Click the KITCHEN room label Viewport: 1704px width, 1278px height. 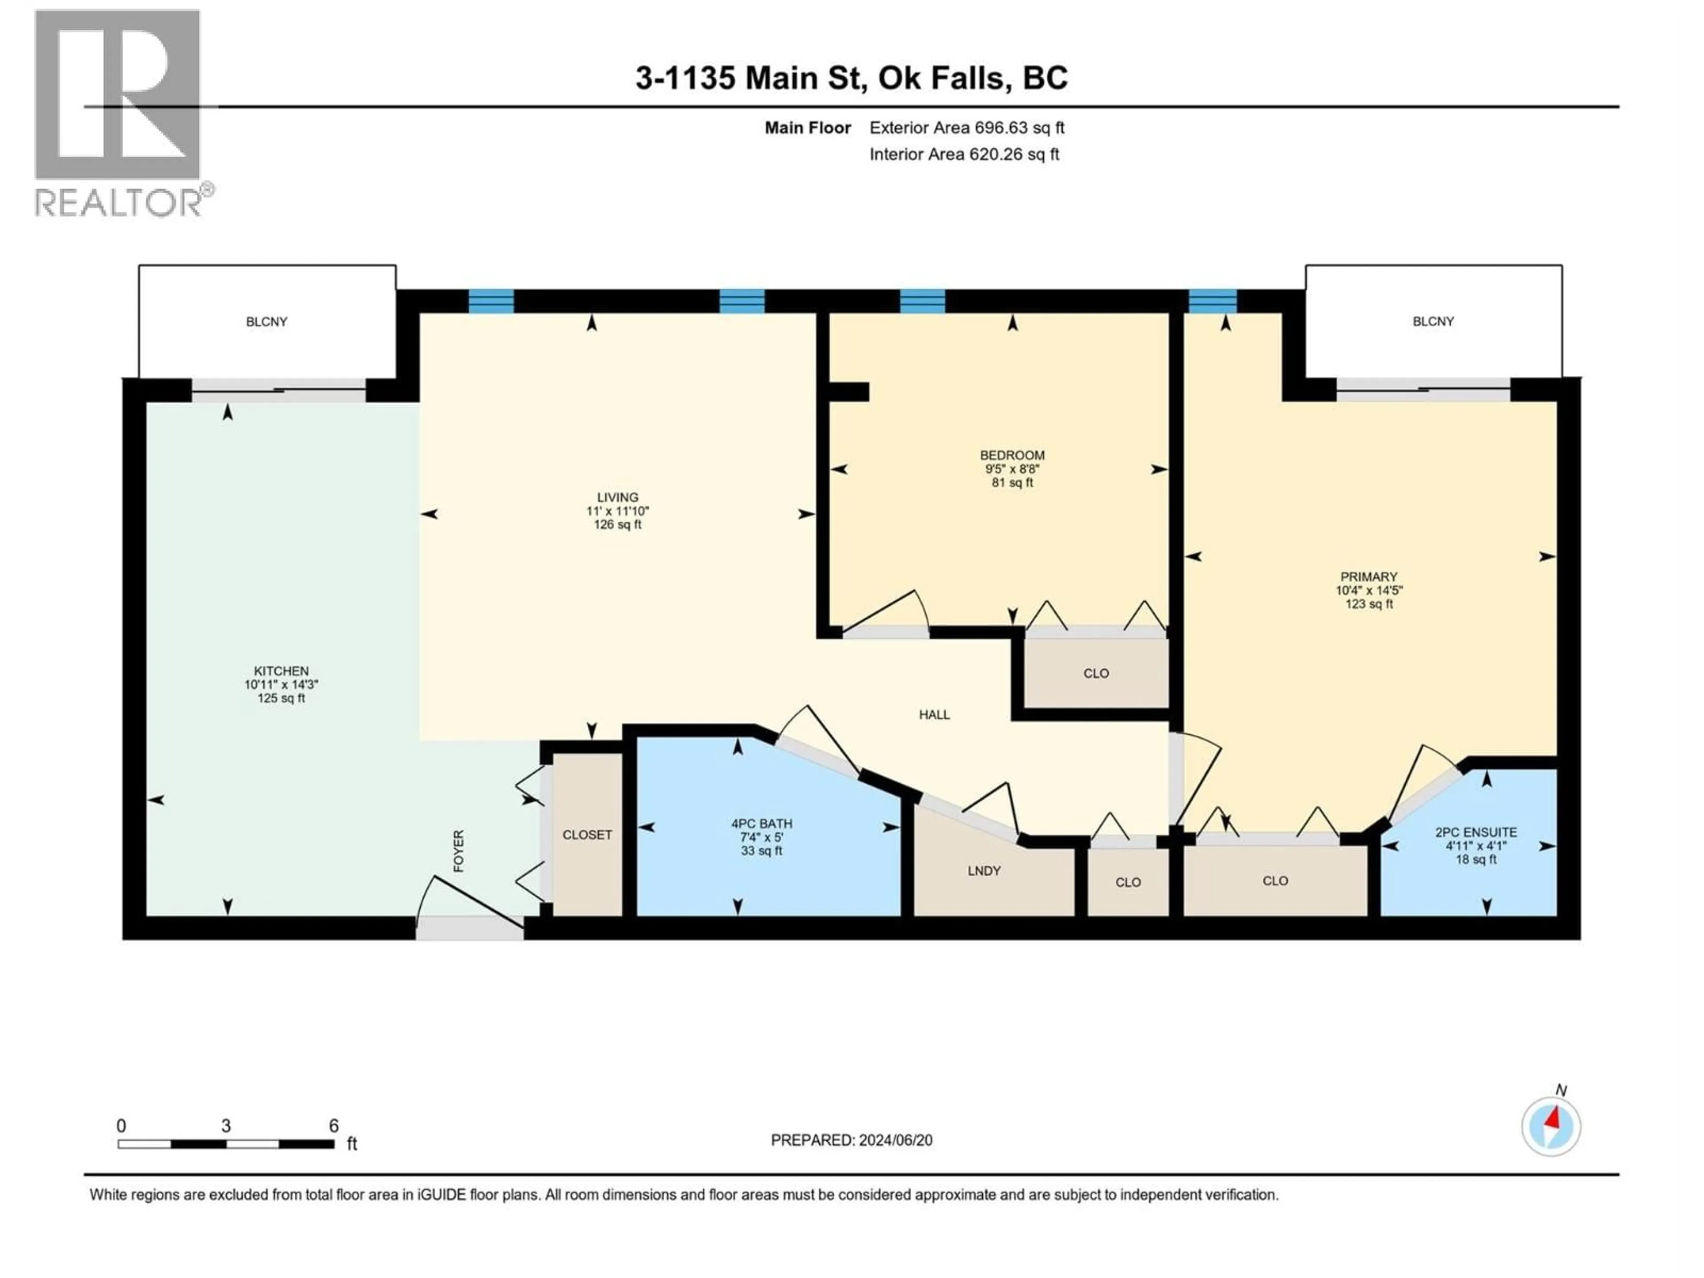coord(281,671)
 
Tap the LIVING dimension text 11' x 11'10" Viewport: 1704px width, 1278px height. coord(617,511)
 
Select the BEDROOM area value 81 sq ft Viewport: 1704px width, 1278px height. coord(1012,483)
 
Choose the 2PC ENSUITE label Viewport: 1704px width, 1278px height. coord(1475,832)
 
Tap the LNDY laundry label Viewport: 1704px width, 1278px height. coord(984,871)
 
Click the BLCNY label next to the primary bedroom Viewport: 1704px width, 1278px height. coord(1433,321)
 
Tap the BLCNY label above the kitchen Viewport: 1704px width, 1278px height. coord(267,321)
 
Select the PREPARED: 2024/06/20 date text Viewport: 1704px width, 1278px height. coord(851,1140)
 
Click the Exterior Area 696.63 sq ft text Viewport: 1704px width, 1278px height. coord(967,128)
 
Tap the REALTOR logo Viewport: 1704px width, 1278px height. coord(119,112)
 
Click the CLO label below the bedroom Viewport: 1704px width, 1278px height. coord(1096,673)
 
